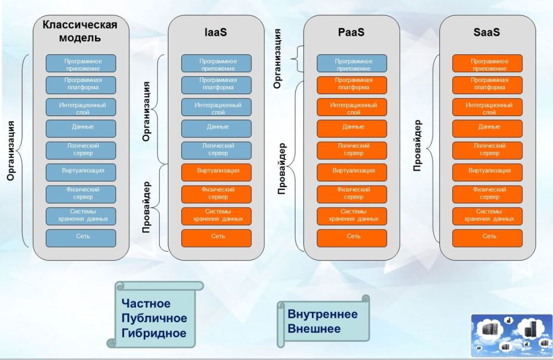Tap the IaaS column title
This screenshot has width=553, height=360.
point(215,32)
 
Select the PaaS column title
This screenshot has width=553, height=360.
point(351,32)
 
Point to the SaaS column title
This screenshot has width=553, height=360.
point(487,32)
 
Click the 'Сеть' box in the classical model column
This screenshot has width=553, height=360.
point(81,237)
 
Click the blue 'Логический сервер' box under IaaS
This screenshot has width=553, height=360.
point(216,149)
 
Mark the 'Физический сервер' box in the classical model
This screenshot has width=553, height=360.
point(81,193)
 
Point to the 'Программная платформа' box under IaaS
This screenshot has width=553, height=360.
point(216,83)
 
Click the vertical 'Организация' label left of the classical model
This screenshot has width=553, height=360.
point(11,150)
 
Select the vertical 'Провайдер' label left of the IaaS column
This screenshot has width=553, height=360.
point(147,206)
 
